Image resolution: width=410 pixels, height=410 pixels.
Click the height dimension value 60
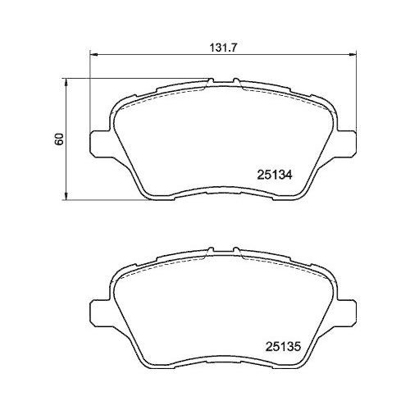click(58, 139)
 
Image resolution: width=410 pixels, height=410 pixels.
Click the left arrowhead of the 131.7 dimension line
click(93, 54)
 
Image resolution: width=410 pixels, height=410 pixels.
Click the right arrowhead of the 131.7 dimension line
click(355, 54)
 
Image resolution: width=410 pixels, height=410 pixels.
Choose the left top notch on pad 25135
click(212, 252)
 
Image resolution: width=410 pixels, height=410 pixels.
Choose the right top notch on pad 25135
click(235, 252)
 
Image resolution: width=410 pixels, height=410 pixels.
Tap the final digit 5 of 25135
click(289, 346)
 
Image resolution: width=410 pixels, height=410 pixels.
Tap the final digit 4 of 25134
click(289, 174)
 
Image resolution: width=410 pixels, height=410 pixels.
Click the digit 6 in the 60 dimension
click(58, 142)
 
